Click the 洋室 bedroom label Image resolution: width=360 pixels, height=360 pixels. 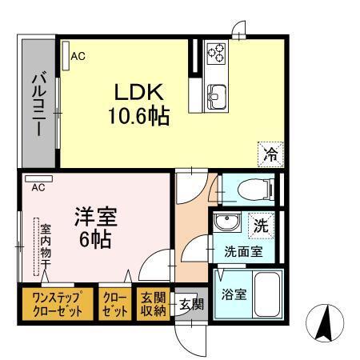tap(95, 215)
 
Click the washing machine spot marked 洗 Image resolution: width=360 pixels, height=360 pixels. tap(261, 226)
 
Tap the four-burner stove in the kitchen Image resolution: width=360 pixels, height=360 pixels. tap(216, 52)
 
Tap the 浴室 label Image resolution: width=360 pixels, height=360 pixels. tap(234, 294)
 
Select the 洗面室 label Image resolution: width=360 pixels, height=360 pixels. tap(242, 251)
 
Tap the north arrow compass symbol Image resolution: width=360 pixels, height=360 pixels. tap(326, 323)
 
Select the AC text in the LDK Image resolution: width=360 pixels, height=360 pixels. tap(78, 56)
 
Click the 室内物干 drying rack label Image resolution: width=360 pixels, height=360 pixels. tap(46, 244)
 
